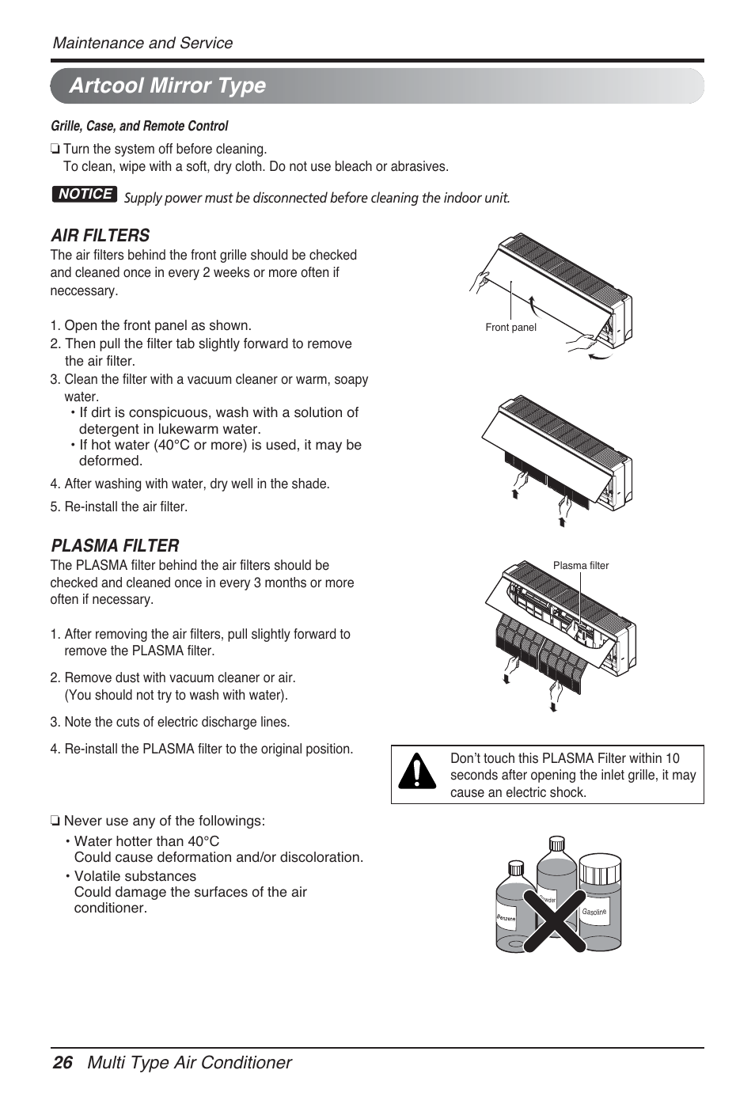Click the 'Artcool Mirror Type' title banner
[168, 85]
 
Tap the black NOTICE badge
[85, 194]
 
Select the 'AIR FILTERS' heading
[100, 235]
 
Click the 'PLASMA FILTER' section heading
[115, 545]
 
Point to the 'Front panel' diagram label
[510, 328]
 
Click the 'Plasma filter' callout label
[581, 565]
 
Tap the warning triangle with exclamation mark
[417, 773]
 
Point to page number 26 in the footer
[63, 1062]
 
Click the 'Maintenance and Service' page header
[142, 43]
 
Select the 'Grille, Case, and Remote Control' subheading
[139, 126]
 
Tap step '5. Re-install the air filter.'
[119, 507]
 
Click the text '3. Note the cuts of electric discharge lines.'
[169, 722]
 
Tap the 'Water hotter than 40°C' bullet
[146, 841]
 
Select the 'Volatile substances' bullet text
[135, 876]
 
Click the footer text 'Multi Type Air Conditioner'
[189, 1062]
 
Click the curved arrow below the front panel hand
[601, 358]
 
